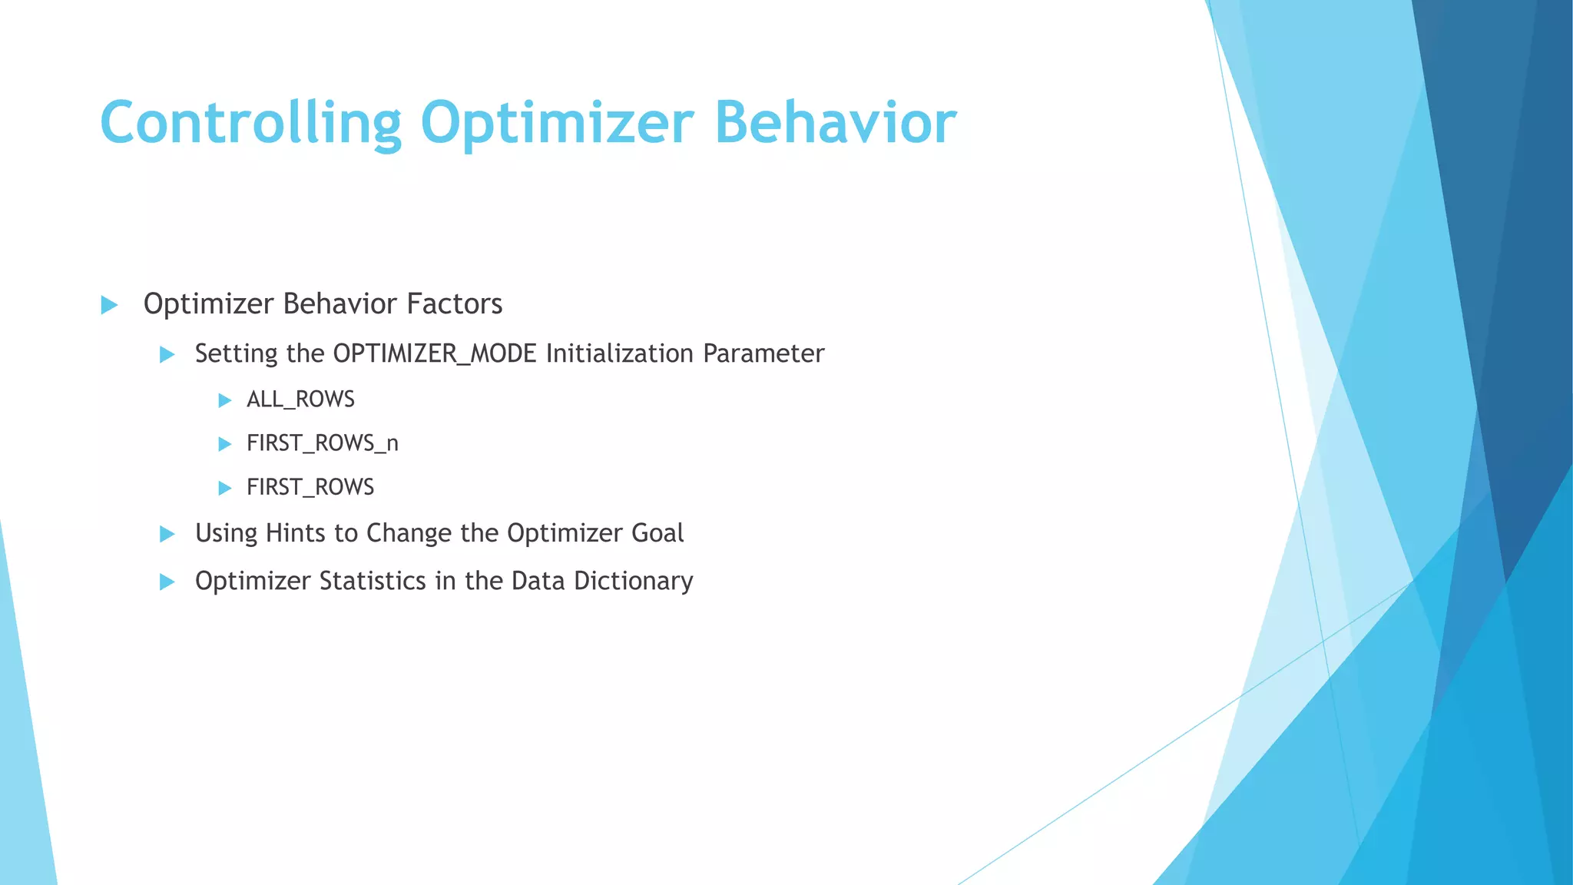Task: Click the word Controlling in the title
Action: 250,123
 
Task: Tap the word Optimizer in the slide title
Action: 557,123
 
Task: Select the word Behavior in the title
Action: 836,123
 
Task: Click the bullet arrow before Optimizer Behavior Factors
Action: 109,305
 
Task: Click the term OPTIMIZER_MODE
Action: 435,354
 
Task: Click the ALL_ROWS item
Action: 300,399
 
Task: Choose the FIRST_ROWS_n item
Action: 322,443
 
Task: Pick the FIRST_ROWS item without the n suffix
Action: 310,487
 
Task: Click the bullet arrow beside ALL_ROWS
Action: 224,400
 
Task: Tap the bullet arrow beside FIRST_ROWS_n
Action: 224,444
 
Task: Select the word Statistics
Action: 373,581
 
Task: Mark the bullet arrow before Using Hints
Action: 167,534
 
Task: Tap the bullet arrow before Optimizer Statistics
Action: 167,582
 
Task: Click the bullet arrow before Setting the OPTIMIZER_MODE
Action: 167,355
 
